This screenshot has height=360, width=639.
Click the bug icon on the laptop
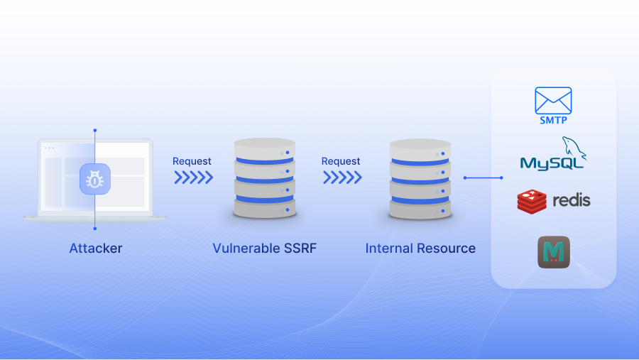pyautogui.click(x=94, y=180)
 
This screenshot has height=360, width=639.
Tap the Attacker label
pyautogui.click(x=96, y=249)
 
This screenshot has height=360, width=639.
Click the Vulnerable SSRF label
pyautogui.click(x=264, y=249)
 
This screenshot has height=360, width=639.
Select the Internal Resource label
pyautogui.click(x=420, y=249)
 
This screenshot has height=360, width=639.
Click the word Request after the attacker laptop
pyautogui.click(x=192, y=161)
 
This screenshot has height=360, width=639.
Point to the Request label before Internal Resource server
pyautogui.click(x=341, y=161)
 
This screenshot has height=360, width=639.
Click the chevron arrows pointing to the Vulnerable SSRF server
pyautogui.click(x=193, y=178)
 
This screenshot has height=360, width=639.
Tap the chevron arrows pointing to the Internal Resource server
pyautogui.click(x=342, y=178)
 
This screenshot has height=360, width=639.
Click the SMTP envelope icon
pyautogui.click(x=553, y=100)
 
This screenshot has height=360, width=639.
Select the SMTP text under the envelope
pyautogui.click(x=553, y=121)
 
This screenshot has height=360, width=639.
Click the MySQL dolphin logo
pyautogui.click(x=574, y=148)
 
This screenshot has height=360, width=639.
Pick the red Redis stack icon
pyautogui.click(x=531, y=201)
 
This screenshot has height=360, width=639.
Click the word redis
pyautogui.click(x=571, y=200)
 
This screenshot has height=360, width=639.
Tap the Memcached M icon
pyautogui.click(x=554, y=252)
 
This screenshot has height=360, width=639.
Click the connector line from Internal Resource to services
pyautogui.click(x=483, y=178)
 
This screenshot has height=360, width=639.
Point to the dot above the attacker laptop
pyautogui.click(x=94, y=131)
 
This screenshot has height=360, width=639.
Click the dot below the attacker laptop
pyautogui.click(x=94, y=229)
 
